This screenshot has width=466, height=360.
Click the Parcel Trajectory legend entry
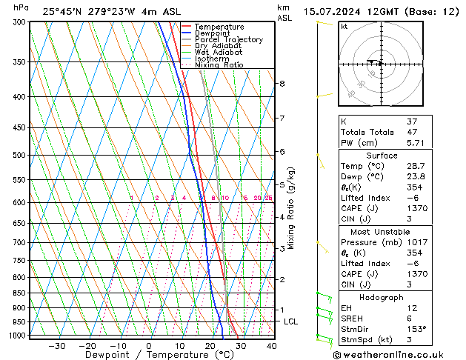coord(228,39)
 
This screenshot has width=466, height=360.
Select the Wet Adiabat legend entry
coord(219,52)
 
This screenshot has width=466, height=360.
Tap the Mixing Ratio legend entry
coord(219,64)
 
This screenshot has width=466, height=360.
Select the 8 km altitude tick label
coord(282,84)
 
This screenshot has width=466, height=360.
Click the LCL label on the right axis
coord(290,321)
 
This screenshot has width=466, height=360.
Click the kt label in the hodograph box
coord(344,26)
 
